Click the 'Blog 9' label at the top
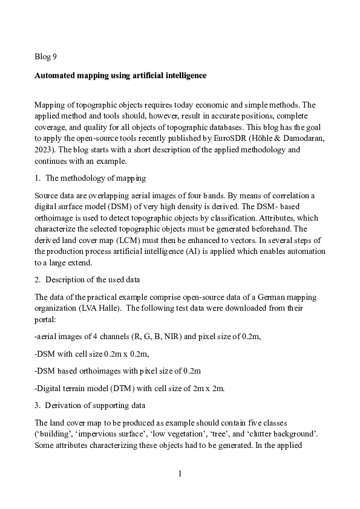tap(46, 57)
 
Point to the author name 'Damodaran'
tap(293, 138)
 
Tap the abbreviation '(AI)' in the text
tap(205, 250)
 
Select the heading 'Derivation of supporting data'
tap(99, 405)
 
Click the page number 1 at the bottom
tap(180, 473)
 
